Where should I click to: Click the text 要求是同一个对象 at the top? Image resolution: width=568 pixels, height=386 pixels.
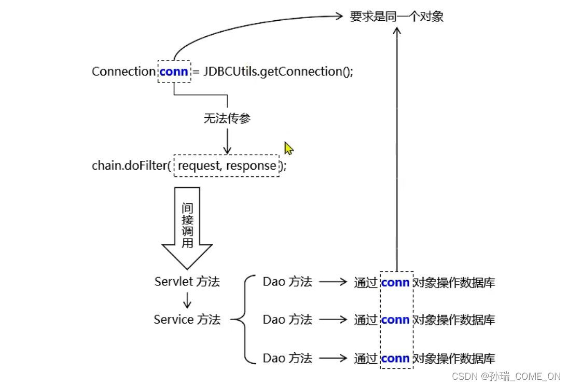point(396,17)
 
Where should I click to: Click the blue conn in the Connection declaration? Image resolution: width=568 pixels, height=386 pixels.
point(174,72)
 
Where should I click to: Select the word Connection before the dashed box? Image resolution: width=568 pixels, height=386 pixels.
point(123,72)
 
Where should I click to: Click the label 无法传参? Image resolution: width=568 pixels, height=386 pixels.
point(227,118)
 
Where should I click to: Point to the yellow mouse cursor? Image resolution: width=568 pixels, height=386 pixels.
point(288,148)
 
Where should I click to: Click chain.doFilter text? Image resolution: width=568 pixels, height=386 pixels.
point(131,166)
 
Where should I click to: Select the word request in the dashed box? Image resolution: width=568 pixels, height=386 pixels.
point(199,166)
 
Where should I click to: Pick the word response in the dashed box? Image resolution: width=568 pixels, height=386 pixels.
point(251,166)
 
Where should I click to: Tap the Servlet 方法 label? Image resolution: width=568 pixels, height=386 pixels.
point(187,282)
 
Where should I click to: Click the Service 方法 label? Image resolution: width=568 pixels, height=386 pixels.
point(187,320)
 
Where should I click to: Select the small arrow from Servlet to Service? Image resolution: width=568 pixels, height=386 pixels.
point(187,300)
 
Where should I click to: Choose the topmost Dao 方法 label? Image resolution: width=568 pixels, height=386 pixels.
point(287,282)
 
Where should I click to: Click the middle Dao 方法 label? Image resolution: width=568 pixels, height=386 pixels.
point(287,320)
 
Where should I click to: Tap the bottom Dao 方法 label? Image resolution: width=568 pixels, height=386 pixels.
point(287,357)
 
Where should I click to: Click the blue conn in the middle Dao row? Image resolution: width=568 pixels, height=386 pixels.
point(395,320)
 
